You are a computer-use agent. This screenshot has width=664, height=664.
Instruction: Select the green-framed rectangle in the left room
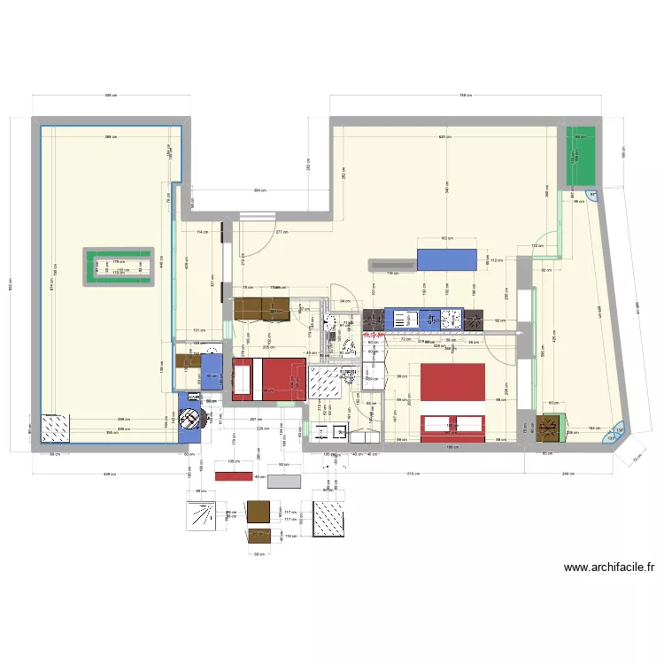click(x=120, y=268)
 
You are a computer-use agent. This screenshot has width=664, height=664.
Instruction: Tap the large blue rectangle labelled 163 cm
click(x=445, y=259)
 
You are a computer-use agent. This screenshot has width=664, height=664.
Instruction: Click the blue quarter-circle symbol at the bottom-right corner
click(x=613, y=436)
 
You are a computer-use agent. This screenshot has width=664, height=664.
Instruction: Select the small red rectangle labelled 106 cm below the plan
click(x=234, y=476)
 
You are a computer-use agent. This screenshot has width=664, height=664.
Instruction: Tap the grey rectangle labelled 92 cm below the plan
click(x=285, y=481)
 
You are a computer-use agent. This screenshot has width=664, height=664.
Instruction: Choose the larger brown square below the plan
click(x=259, y=512)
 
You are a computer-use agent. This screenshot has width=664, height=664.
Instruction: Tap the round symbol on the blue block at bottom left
click(x=189, y=419)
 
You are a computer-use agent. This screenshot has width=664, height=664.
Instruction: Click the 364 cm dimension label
click(x=259, y=190)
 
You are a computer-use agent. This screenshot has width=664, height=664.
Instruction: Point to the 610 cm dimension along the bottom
click(x=413, y=475)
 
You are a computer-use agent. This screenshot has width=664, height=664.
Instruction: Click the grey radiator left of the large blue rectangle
click(x=391, y=263)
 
